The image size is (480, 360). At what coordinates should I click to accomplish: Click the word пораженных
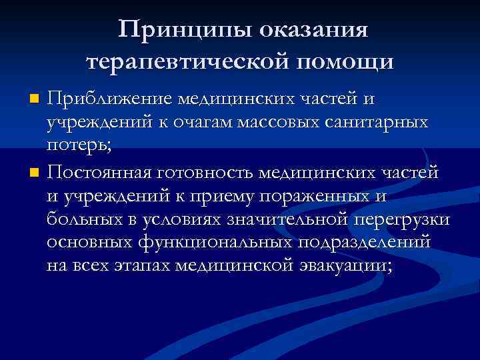click(x=317, y=197)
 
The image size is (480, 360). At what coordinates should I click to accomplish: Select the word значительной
click(x=284, y=221)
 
